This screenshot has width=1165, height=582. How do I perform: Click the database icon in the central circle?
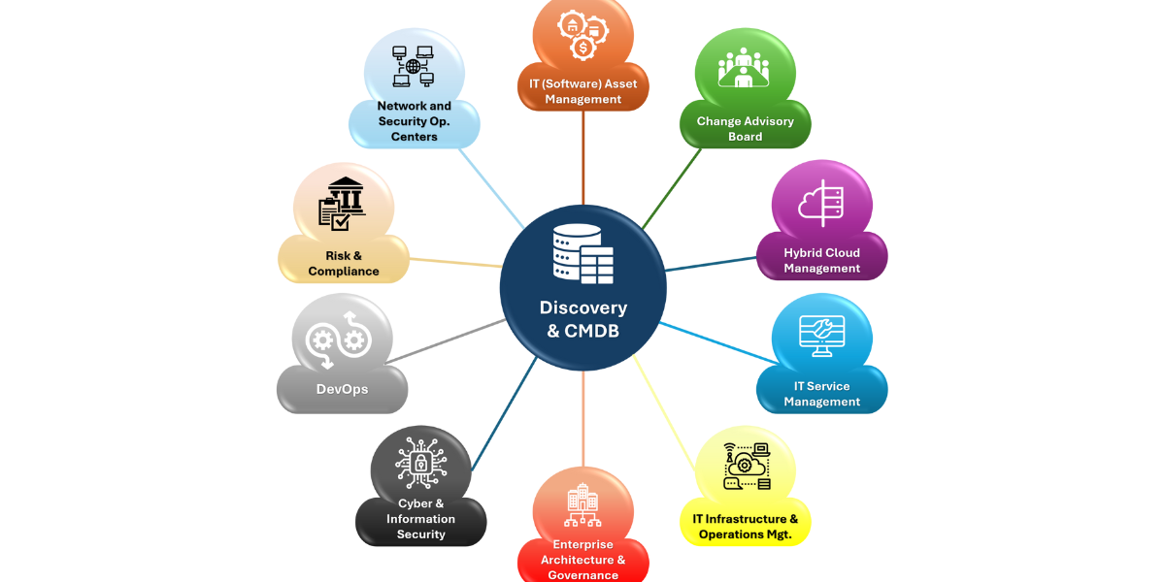click(x=583, y=254)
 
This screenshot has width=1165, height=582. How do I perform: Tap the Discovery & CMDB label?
click(x=583, y=318)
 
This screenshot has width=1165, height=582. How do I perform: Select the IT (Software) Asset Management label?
click(x=583, y=91)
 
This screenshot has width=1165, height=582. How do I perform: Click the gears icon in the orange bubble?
click(x=583, y=35)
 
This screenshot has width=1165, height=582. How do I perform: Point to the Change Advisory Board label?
click(x=746, y=129)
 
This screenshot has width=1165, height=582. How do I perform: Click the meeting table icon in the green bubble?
click(x=744, y=67)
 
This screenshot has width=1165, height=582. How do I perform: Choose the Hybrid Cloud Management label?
click(x=821, y=260)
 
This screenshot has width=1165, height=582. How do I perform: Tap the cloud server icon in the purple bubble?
click(x=821, y=203)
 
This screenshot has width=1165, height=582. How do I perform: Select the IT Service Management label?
click(x=821, y=394)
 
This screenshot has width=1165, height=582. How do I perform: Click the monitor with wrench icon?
click(x=821, y=336)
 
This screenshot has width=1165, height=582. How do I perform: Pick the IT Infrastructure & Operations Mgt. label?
click(x=746, y=527)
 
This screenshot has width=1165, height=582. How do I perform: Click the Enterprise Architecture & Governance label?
click(x=583, y=560)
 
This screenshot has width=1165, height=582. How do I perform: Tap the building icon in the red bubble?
click(x=582, y=504)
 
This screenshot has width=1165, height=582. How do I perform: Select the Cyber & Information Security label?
click(x=420, y=519)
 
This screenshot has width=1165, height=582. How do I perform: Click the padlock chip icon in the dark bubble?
click(x=420, y=463)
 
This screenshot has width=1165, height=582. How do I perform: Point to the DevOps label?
click(x=342, y=389)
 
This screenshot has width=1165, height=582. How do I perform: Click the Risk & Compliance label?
click(x=344, y=264)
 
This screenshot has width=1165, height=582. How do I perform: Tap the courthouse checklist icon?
click(x=342, y=205)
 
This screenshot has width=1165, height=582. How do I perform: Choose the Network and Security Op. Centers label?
click(x=414, y=121)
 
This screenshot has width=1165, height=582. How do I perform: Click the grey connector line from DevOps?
click(x=446, y=340)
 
